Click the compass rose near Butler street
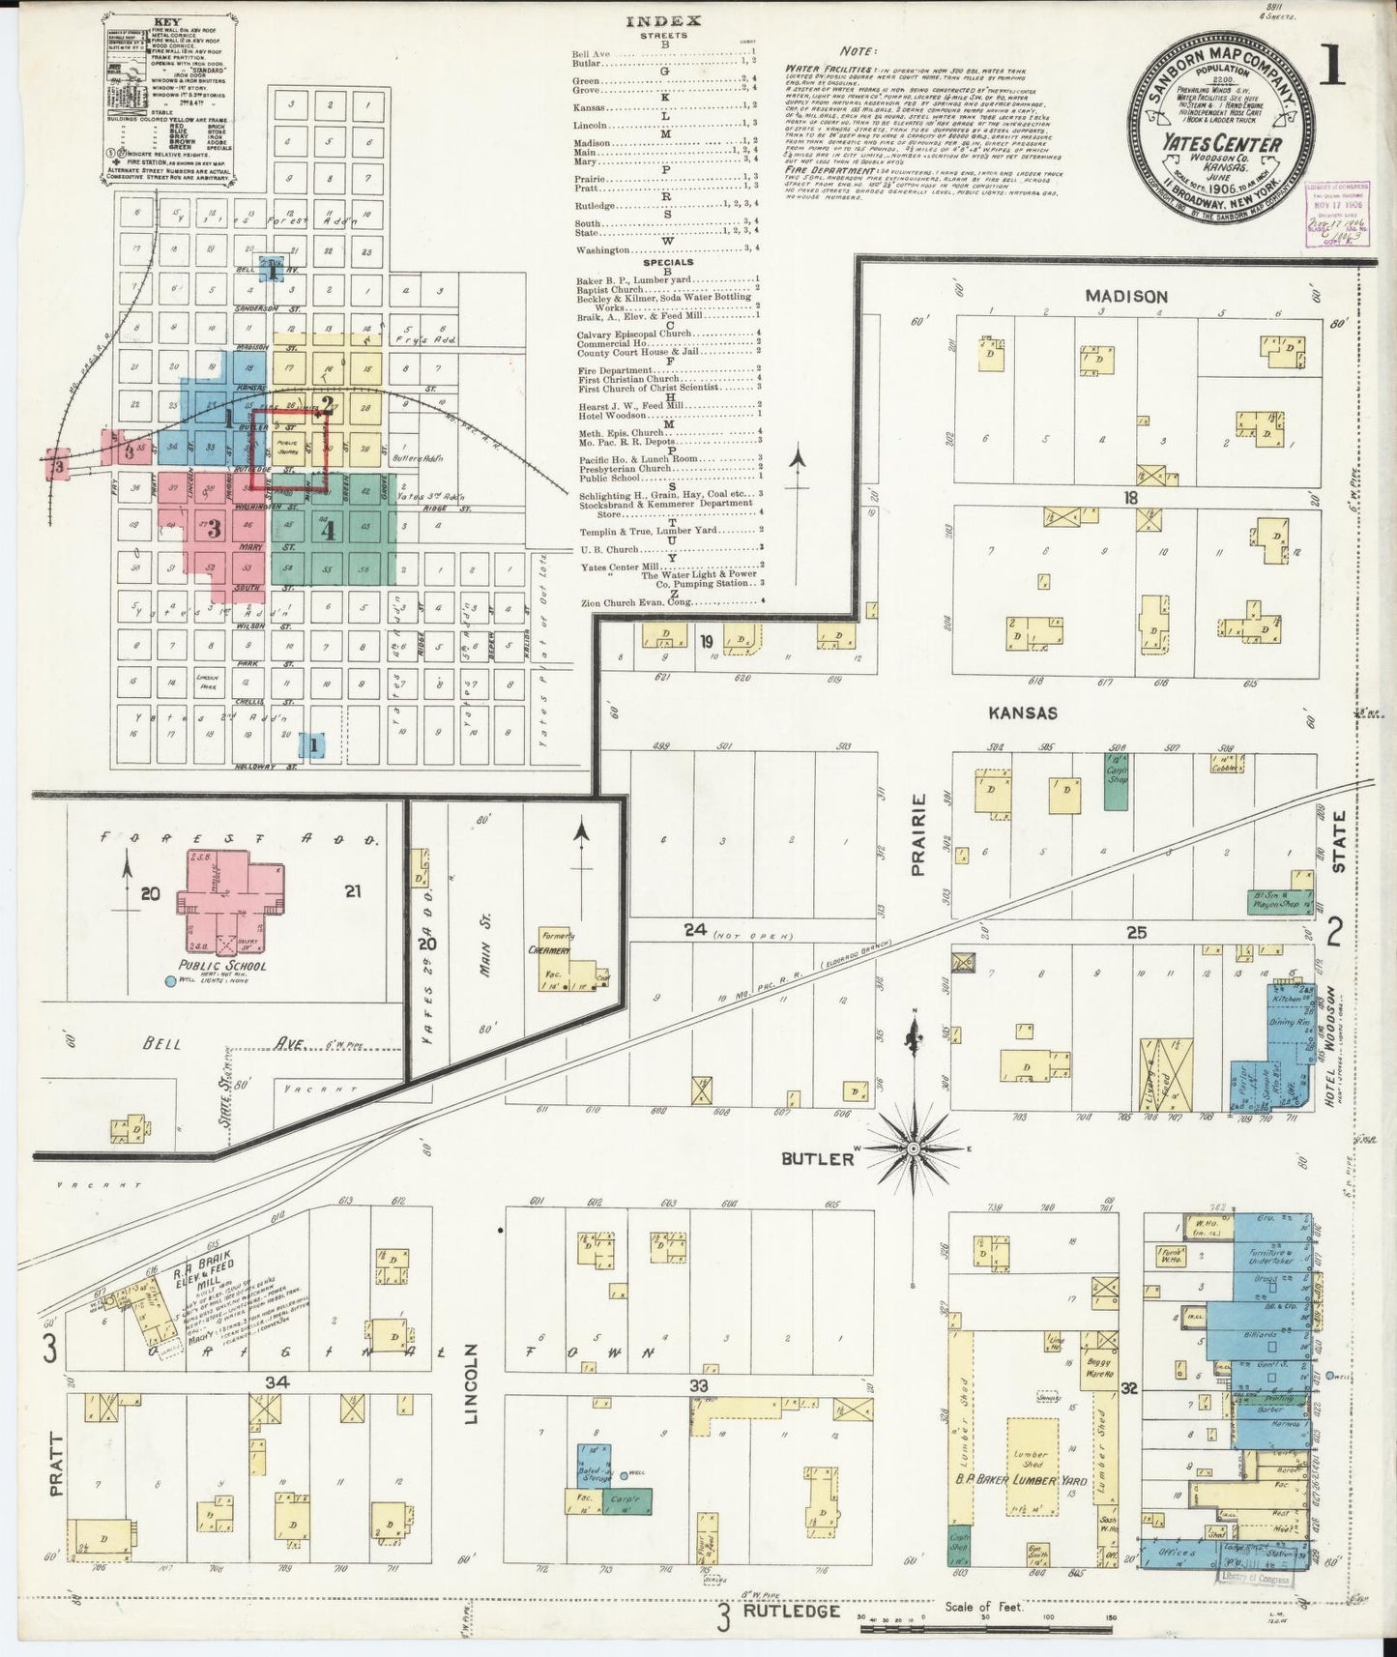(x=913, y=1148)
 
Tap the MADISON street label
(x=1125, y=297)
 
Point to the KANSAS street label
(x=1023, y=712)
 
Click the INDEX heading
(x=663, y=20)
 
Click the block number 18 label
(x=1130, y=498)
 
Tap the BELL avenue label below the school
(x=162, y=1044)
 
